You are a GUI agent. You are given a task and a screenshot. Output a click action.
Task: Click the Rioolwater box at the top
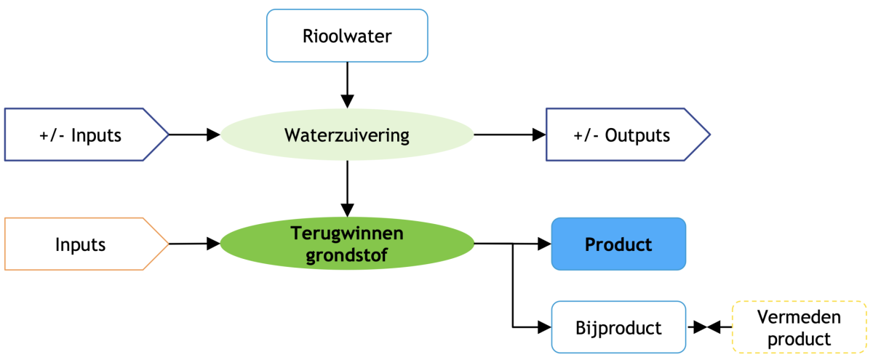click(x=347, y=35)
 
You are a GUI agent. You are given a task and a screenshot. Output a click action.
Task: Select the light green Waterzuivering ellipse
click(x=347, y=135)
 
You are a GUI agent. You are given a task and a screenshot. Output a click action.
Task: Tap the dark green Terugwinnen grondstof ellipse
click(x=347, y=244)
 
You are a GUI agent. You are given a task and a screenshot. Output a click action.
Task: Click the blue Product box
click(x=618, y=244)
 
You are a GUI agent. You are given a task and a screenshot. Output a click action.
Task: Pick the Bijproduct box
click(x=618, y=327)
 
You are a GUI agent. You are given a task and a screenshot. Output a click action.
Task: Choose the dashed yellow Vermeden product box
click(x=799, y=327)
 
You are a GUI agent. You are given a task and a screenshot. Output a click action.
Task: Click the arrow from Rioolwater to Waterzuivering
click(x=347, y=84)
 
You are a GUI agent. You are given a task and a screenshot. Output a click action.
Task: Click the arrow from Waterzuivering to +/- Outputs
click(x=509, y=135)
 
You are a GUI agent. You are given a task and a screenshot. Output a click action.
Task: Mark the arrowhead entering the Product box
click(x=545, y=244)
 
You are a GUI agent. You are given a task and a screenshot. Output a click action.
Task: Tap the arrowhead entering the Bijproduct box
click(x=545, y=327)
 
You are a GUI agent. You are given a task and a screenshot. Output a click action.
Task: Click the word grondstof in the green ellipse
click(x=347, y=254)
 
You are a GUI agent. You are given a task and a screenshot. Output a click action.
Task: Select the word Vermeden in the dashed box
click(x=799, y=318)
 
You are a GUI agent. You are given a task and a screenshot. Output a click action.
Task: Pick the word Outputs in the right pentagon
click(x=638, y=135)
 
